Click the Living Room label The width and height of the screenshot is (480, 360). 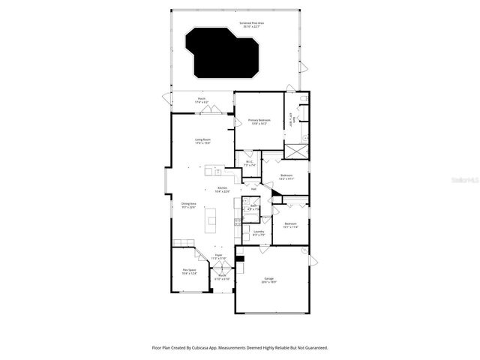[x=202, y=139]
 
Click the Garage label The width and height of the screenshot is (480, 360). [x=268, y=278]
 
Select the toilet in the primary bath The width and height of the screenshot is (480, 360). [x=302, y=99]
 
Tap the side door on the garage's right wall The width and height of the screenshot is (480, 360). [x=313, y=259]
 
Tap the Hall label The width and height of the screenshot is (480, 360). [x=254, y=189]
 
